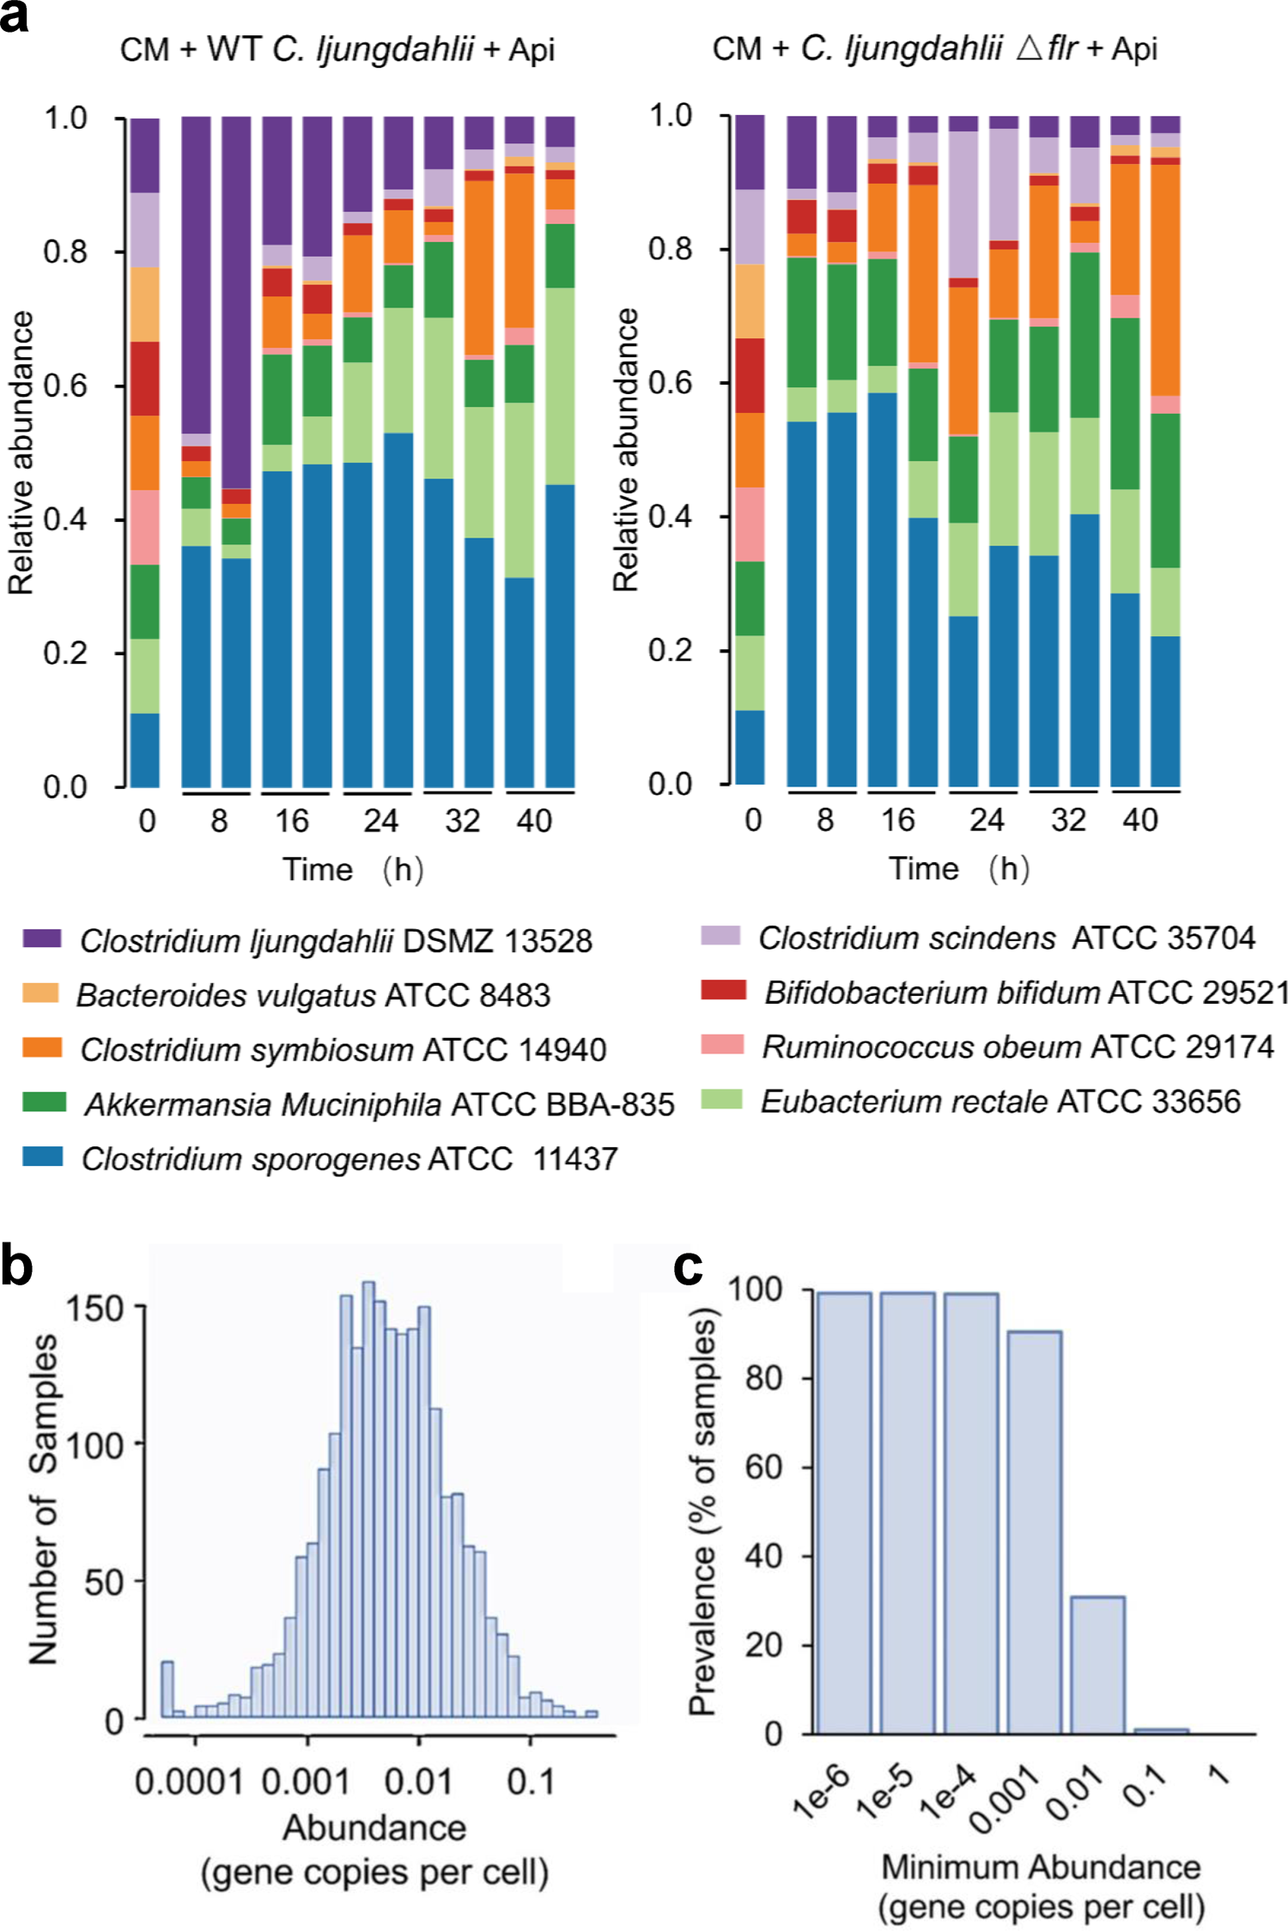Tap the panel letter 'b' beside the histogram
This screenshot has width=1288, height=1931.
click(x=16, y=1267)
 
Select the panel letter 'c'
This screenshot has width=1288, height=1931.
click(x=688, y=1267)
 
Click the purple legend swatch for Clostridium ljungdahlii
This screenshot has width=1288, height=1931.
click(x=41, y=938)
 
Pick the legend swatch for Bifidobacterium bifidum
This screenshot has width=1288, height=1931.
click(x=722, y=990)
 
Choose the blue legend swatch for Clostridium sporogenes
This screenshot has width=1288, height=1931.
click(x=41, y=1156)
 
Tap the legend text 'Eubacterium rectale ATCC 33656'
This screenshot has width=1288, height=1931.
click(x=1000, y=1102)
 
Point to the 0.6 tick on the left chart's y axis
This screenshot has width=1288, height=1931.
click(x=65, y=386)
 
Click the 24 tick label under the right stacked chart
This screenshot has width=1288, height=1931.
click(x=987, y=820)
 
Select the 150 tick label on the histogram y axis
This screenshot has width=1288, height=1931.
click(x=94, y=1309)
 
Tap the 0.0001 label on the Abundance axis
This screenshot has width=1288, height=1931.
click(x=189, y=1782)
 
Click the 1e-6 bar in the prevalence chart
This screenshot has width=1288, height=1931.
click(x=843, y=1511)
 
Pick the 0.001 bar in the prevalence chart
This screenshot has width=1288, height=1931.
click(x=1034, y=1532)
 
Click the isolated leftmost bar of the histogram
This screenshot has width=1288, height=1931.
click(x=167, y=1689)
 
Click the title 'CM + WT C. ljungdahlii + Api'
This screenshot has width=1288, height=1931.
click(x=337, y=49)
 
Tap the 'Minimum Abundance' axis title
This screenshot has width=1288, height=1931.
click(x=1041, y=1866)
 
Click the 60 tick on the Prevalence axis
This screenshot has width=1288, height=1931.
click(x=762, y=1467)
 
